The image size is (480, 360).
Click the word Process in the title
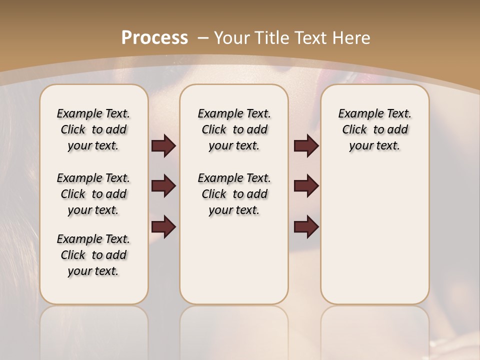(154, 38)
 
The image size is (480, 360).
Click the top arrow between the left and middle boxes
(163, 145)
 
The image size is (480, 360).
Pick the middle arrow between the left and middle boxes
(163, 186)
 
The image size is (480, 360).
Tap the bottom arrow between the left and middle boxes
(163, 227)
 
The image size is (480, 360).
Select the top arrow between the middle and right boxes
(306, 145)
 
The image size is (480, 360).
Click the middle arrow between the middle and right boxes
(306, 186)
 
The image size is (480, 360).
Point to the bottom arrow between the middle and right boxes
(306, 227)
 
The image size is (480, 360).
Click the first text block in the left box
(93, 129)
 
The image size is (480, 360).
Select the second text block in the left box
(93, 194)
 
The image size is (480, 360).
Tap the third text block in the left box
(93, 255)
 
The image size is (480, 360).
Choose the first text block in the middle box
(234, 129)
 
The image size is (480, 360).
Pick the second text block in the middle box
(234, 194)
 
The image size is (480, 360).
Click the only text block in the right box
(374, 129)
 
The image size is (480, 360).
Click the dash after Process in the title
(202, 38)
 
